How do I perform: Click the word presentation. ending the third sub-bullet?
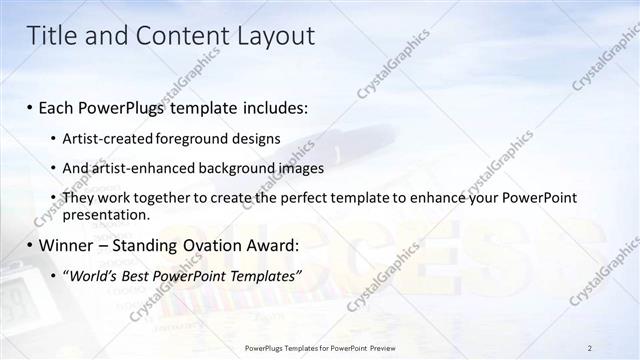[x=106, y=214]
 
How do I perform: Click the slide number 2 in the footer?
[x=590, y=348]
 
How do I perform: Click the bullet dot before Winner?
[x=30, y=245]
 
